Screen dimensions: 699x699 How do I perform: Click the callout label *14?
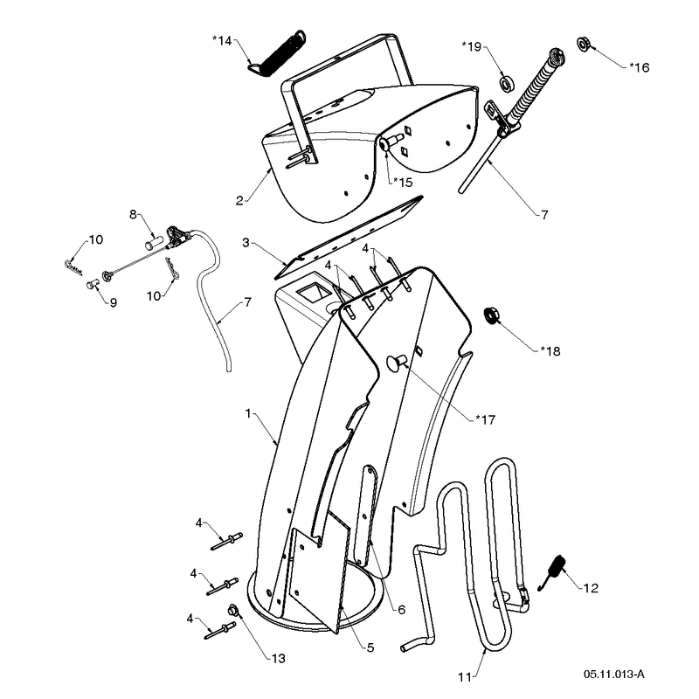222,40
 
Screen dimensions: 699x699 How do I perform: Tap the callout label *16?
639,67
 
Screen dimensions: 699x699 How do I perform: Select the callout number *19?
472,46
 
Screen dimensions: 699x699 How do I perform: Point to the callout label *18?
550,351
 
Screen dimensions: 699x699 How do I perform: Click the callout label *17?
486,419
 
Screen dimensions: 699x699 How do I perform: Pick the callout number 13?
278,658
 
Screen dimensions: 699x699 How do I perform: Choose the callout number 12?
591,588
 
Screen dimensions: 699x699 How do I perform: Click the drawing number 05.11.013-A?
614,674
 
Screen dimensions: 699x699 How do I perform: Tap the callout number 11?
465,677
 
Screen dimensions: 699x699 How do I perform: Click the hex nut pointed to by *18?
492,315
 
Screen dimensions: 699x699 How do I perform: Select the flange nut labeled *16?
584,44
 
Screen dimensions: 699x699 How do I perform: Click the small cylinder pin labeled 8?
152,244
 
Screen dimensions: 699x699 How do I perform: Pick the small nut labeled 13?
233,609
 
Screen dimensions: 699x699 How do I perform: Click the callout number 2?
239,201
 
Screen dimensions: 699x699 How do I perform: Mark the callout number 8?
133,214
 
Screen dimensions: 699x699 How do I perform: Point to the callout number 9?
114,302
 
